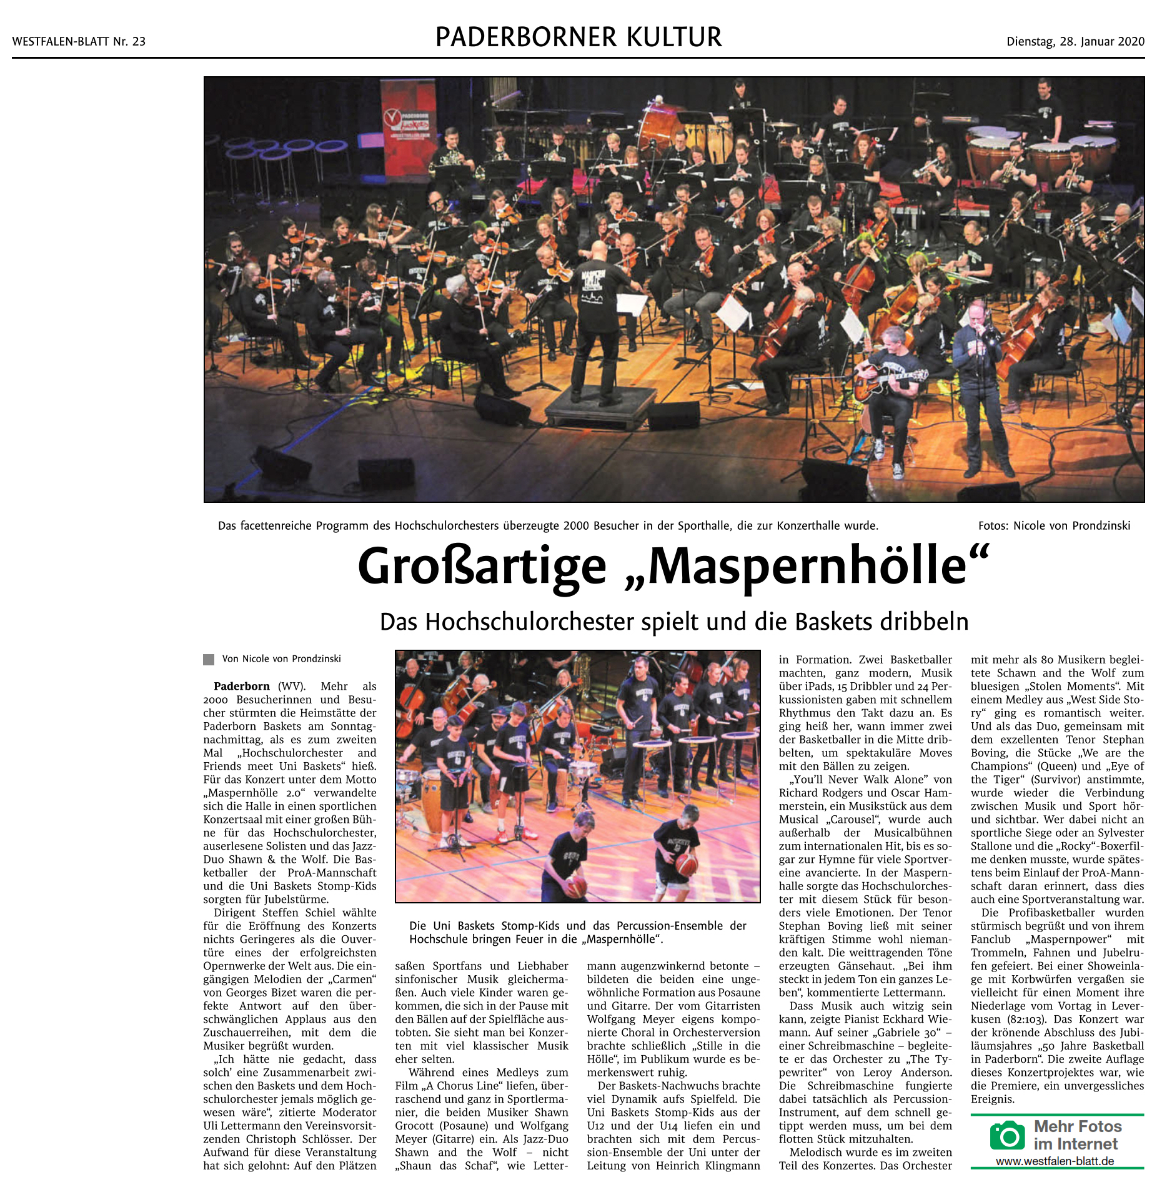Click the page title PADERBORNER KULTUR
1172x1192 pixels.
click(x=579, y=37)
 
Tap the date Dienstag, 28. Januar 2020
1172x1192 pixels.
click(x=1075, y=42)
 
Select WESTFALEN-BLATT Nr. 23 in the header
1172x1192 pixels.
click(x=79, y=42)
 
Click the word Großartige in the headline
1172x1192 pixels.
click(x=482, y=566)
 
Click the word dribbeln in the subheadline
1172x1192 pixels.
click(x=924, y=622)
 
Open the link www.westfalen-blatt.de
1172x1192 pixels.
click(x=1055, y=1161)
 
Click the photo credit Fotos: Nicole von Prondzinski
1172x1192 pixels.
click(x=1054, y=525)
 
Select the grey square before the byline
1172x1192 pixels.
click(x=209, y=659)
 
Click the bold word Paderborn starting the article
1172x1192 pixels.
click(x=242, y=686)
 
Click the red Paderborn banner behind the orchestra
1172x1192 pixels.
click(x=410, y=125)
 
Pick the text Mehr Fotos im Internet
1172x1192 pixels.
click(x=1077, y=1135)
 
